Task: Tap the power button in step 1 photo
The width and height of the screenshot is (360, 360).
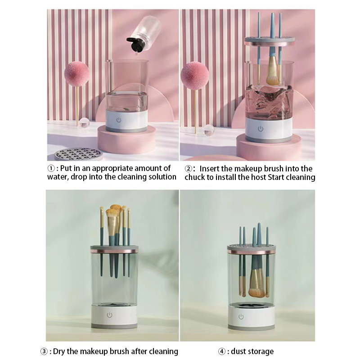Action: pos(118,120)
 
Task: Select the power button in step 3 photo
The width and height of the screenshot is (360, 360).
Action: pos(109,315)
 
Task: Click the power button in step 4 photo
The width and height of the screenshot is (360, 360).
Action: pos(241,317)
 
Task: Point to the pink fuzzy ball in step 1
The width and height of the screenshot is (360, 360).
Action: pos(76,73)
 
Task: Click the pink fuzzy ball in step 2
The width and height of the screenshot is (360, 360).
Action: pos(195,76)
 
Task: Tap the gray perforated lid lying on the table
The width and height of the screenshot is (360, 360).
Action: pos(78,154)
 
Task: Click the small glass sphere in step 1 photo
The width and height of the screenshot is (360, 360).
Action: pos(84,122)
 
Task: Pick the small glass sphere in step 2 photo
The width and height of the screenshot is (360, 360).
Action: pos(208,130)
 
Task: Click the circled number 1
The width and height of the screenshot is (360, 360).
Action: pos(51,168)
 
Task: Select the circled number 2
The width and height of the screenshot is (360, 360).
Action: pos(188,169)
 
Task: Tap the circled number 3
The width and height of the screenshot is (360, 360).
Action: pos(44,351)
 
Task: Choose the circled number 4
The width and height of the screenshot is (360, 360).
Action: pos(221,351)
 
